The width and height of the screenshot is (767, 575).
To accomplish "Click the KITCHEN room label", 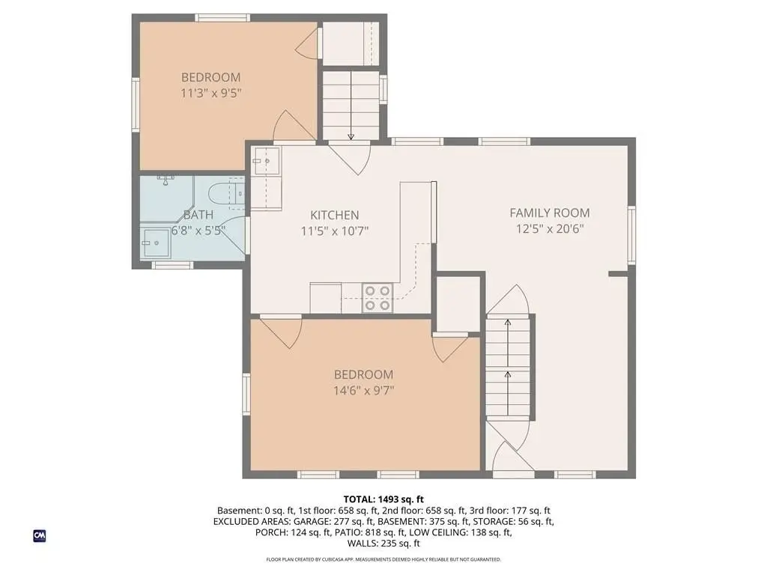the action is click(335, 215).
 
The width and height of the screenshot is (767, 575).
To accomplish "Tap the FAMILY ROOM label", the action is click(550, 213).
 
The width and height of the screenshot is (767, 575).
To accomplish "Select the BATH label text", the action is click(198, 215).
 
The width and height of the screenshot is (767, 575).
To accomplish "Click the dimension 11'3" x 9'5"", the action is click(211, 93).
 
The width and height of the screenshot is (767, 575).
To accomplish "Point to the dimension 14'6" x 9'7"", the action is click(364, 390).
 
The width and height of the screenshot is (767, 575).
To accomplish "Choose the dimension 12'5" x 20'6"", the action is click(550, 229).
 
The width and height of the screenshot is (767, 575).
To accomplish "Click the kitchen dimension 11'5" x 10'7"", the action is click(335, 231).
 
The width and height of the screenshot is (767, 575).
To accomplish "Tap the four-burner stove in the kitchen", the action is click(378, 298).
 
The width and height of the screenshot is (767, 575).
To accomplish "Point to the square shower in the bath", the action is click(155, 243).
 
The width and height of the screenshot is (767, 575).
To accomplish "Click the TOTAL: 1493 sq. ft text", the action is click(383, 499).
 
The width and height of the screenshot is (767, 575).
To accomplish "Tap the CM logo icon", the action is click(39, 535).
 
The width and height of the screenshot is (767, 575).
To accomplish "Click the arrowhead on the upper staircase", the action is click(351, 137).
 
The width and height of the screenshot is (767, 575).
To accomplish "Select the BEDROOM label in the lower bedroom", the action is click(363, 374).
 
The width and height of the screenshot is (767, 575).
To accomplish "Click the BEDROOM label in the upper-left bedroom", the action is click(210, 77).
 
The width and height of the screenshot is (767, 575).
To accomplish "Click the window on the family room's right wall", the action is click(631, 234).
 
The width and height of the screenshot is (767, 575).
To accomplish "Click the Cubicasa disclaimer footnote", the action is click(383, 559).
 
